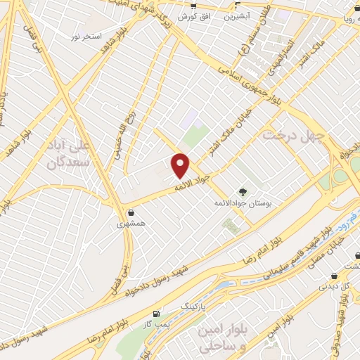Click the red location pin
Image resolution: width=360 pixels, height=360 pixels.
[x=181, y=165]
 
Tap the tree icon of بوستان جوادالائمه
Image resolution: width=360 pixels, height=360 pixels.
[x=243, y=192]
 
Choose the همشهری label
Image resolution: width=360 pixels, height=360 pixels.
[x=131, y=224]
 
